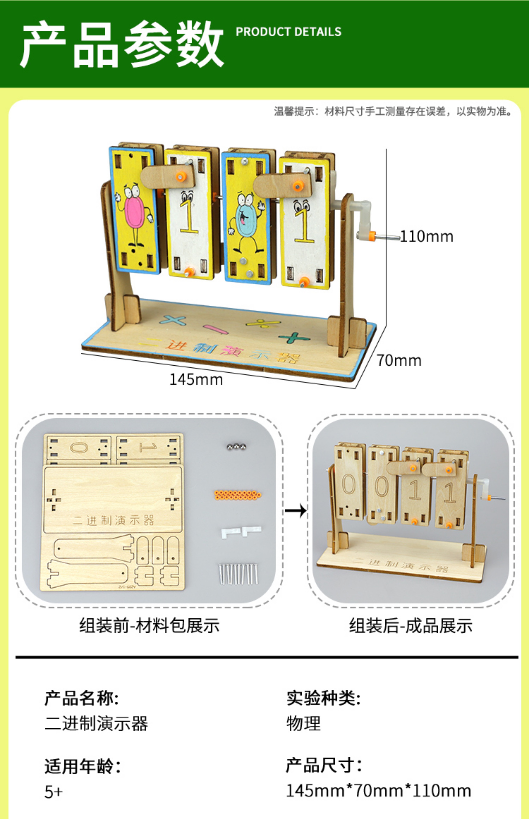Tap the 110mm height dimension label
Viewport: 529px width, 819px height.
pyautogui.click(x=427, y=237)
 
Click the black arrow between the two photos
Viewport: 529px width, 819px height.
pyautogui.click(x=295, y=510)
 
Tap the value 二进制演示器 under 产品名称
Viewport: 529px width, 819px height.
pyautogui.click(x=96, y=723)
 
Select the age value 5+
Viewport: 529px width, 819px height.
pyautogui.click(x=54, y=791)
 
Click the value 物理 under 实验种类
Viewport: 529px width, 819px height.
pyautogui.click(x=303, y=723)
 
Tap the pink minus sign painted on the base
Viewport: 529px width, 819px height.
pyautogui.click(x=216, y=329)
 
